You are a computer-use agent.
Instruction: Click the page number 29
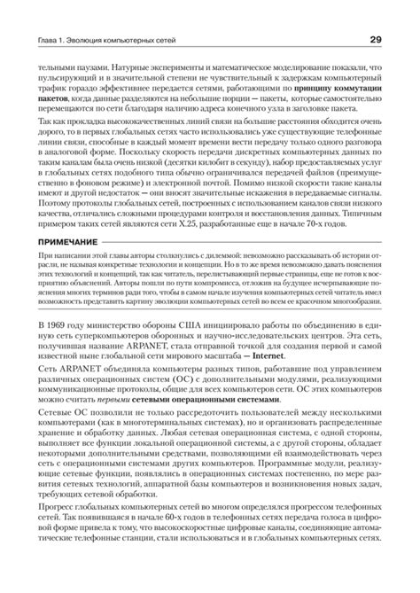coord(376,41)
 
